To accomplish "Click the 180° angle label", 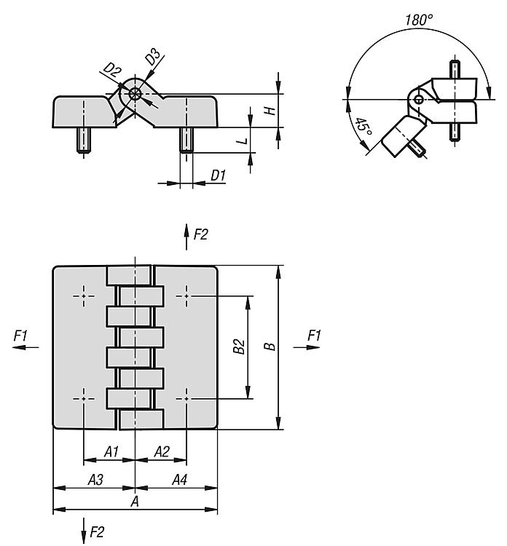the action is [x=419, y=20].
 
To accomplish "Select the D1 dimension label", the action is [x=219, y=175].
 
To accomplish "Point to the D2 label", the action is [x=113, y=70].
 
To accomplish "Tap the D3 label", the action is [x=153, y=57].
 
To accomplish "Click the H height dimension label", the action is [x=270, y=111].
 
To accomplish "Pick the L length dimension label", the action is [x=242, y=141].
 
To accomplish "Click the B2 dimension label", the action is [x=239, y=347].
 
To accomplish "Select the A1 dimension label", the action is [x=111, y=451].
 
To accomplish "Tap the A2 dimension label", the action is [x=162, y=451].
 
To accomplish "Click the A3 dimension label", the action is [x=95, y=480].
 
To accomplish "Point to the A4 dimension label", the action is [x=180, y=480].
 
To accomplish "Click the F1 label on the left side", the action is [x=20, y=336].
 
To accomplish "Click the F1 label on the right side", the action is [x=314, y=336].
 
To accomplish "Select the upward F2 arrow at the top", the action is [x=186, y=237].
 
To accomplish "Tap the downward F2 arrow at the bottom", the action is [x=84, y=530].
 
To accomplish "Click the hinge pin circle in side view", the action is [x=135, y=94].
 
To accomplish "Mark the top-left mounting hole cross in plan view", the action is [x=84, y=296].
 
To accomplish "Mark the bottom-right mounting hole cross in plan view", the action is [x=186, y=398].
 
